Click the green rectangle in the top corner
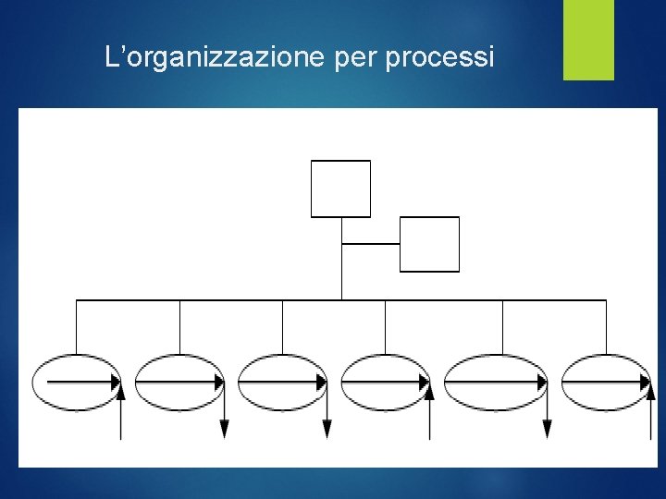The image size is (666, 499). tap(588, 40)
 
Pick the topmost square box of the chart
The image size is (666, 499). tap(340, 189)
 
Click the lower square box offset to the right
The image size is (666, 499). tap(429, 244)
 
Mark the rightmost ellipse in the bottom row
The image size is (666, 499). tap(607, 382)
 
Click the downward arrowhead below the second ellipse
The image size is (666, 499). tap(224, 428)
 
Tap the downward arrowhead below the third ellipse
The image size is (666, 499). tap(327, 428)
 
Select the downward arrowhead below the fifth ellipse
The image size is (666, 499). tap(547, 428)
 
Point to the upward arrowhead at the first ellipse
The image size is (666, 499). tap(120, 393)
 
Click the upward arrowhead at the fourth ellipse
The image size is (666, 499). tap(429, 393)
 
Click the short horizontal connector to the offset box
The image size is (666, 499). tap(370, 244)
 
